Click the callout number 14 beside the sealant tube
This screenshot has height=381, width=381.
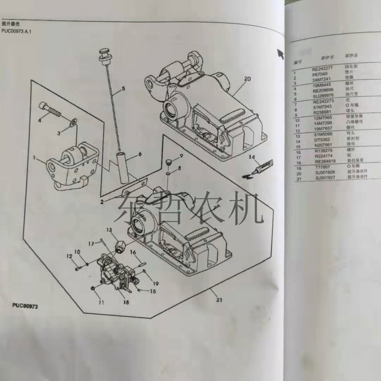251,157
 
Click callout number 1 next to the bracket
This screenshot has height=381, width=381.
35,157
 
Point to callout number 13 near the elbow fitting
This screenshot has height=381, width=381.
109,230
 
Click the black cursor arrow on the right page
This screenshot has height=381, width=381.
280,52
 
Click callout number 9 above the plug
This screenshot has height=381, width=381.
181,156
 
